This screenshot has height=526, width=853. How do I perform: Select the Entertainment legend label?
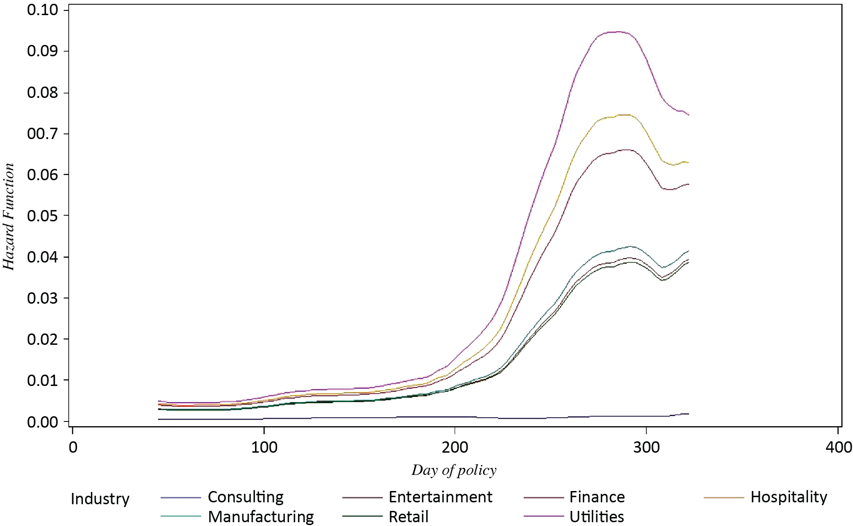440,497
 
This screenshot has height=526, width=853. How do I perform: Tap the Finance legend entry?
597,497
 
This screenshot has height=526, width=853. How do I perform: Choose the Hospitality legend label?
788,497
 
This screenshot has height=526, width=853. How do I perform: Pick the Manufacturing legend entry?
261,517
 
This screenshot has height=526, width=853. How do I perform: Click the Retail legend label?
408,517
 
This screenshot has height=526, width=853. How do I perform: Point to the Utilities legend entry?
597,517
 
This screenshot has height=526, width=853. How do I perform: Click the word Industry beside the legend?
100,499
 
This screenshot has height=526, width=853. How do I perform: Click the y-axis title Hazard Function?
9,217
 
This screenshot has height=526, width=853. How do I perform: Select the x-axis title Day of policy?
454,470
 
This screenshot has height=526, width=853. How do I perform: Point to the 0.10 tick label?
42,10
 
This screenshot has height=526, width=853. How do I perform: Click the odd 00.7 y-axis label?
42,133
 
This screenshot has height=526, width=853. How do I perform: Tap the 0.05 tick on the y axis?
42,216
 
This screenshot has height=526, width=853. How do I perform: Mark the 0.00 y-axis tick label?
42,421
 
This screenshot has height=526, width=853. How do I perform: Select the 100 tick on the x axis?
264,447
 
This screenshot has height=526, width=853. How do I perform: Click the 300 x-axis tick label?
646,447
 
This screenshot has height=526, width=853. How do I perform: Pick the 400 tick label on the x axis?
838,447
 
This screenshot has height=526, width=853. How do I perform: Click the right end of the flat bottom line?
688,414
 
